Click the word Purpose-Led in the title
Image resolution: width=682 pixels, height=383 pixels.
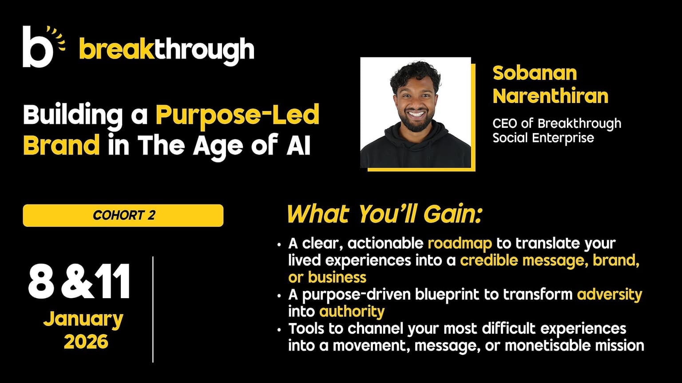[238, 115]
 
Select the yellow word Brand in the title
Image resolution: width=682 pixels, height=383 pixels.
[62, 145]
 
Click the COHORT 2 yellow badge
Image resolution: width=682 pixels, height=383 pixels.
[123, 215]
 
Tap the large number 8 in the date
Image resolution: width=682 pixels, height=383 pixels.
[41, 282]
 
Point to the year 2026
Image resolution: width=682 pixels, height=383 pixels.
[86, 341]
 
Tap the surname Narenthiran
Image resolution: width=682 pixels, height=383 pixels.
[551, 96]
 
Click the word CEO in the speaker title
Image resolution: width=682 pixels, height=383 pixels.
[504, 123]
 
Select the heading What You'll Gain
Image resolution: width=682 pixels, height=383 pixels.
[385, 215]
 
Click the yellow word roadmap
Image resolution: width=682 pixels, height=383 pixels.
[460, 243]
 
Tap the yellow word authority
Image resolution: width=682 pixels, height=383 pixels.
[352, 312]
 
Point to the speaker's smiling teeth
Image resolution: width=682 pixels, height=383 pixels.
[416, 115]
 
